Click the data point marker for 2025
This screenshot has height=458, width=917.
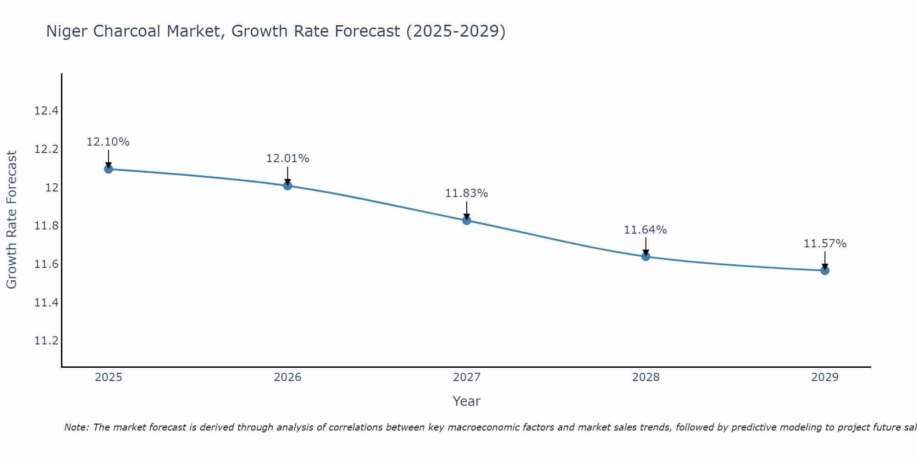(109, 169)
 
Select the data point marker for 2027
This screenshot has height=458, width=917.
(467, 220)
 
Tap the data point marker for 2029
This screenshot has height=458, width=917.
(825, 271)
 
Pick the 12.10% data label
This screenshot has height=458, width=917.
(108, 142)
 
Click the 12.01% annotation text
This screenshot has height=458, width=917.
(287, 158)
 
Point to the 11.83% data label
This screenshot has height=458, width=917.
(466, 193)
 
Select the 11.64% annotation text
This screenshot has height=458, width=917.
(645, 230)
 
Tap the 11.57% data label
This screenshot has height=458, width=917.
(825, 244)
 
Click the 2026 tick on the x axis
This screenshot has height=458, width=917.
(287, 377)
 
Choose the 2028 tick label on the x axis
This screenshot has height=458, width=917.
(646, 377)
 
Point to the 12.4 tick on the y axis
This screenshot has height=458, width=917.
(46, 111)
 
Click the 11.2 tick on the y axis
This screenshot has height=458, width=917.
(46, 341)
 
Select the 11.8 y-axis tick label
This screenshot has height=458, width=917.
(46, 226)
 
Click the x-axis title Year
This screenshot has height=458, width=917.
(466, 401)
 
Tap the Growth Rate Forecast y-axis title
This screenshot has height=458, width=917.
(11, 220)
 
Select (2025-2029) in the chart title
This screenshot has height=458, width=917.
(456, 31)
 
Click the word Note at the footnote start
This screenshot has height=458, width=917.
(76, 427)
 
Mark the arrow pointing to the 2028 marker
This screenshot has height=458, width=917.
(646, 246)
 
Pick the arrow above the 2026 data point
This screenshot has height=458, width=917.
(287, 175)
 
